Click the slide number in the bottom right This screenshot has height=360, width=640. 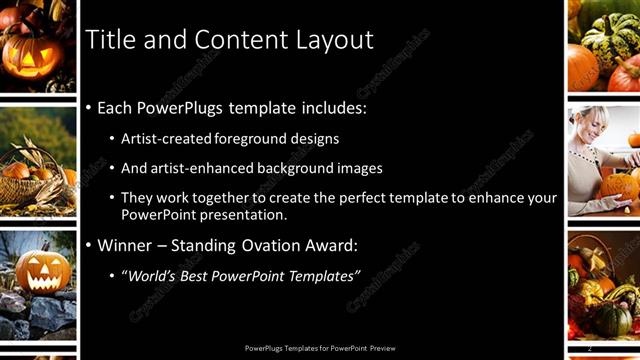click(x=590, y=347)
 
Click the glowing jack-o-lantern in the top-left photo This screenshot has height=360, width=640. click(x=29, y=55)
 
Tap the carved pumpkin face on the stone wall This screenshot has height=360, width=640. click(x=41, y=271)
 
